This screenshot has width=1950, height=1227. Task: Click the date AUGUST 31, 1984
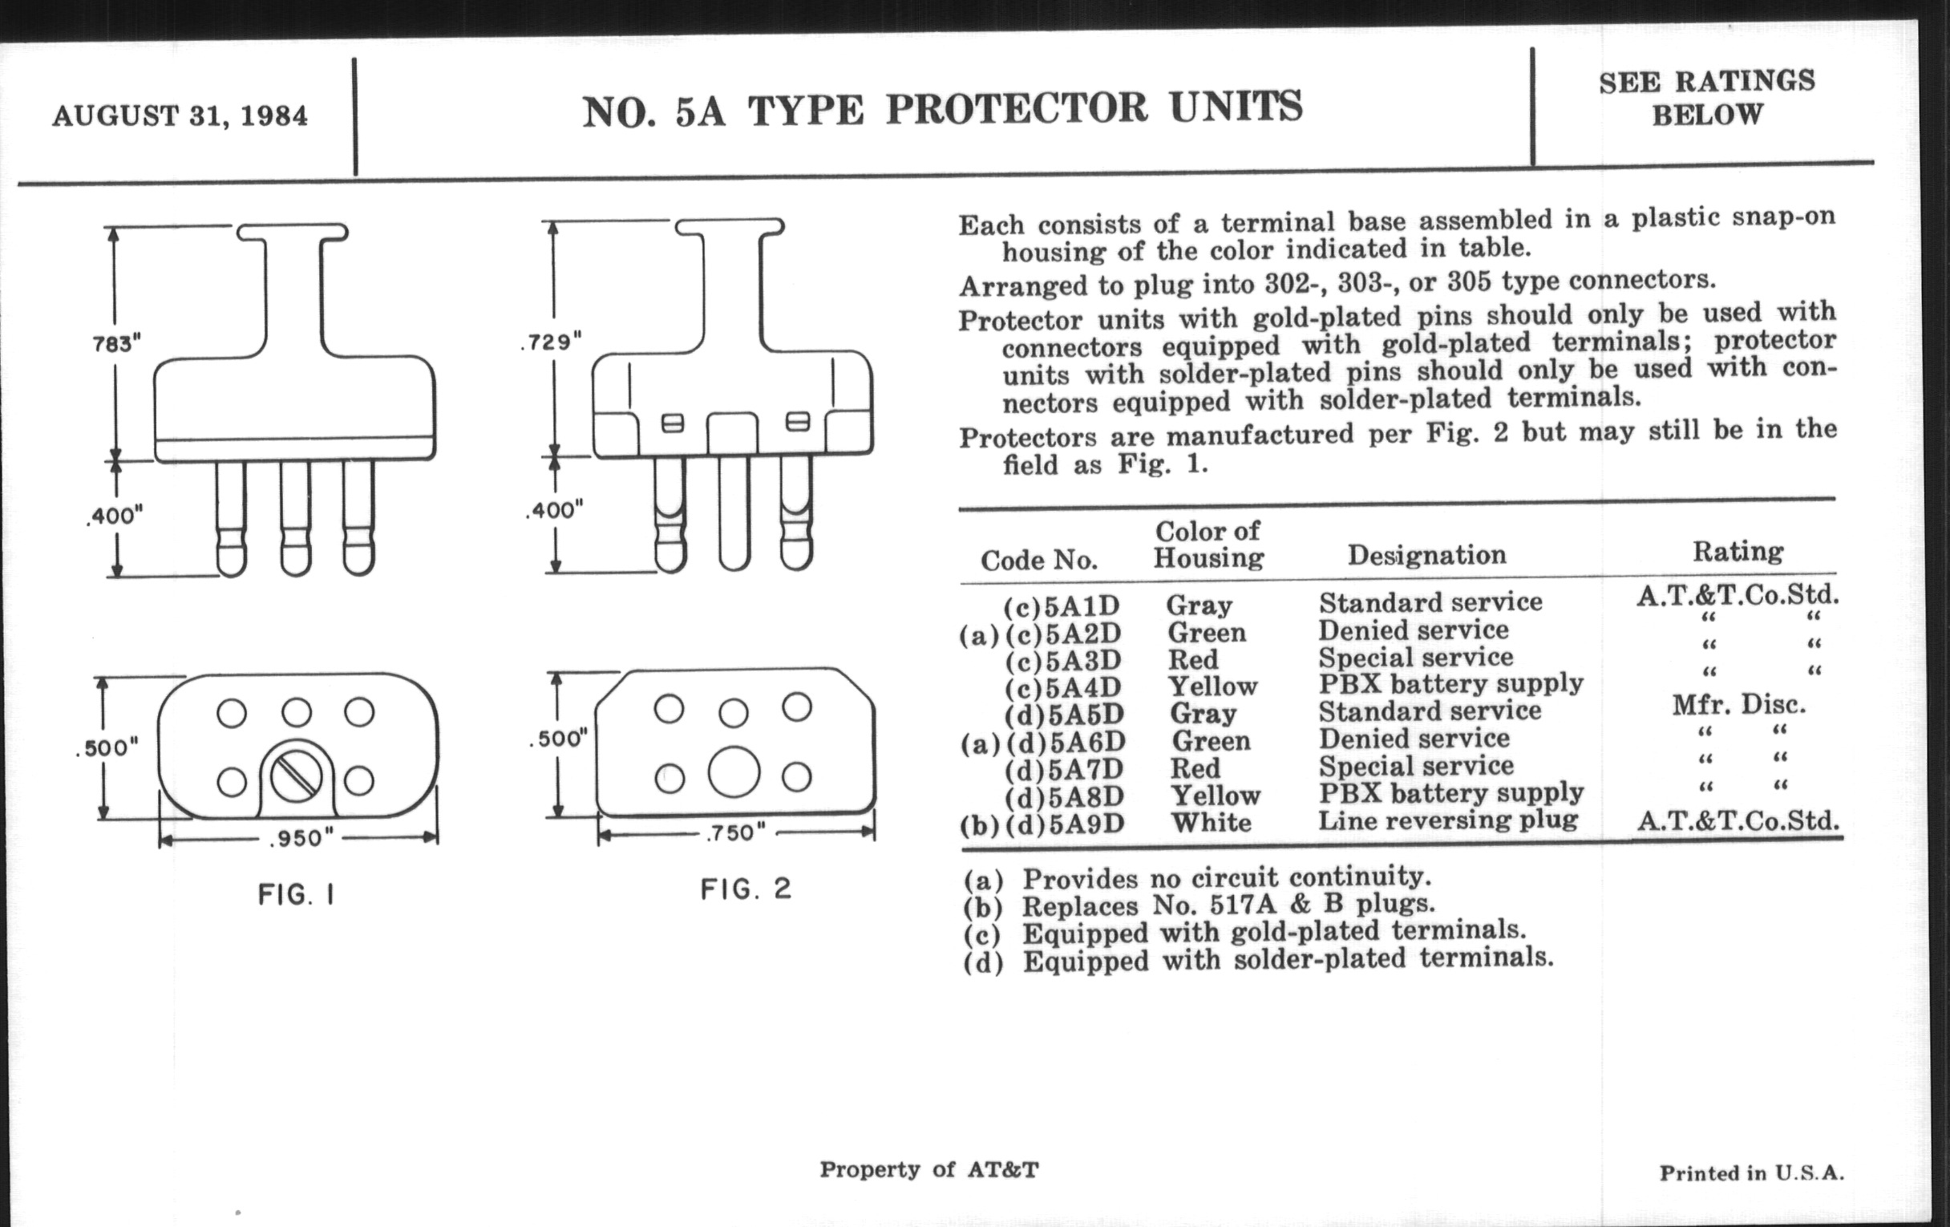180,115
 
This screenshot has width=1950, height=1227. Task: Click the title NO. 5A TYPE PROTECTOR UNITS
943,109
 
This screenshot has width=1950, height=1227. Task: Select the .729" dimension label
552,342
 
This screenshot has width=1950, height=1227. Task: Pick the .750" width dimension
735,832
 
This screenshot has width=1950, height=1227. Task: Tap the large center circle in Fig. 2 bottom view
734,771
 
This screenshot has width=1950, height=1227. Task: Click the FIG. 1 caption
297,895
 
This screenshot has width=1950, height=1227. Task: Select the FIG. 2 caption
746,889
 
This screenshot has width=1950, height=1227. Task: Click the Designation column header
1427,555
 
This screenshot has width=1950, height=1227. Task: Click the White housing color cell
1212,822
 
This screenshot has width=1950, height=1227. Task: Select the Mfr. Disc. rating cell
1739,705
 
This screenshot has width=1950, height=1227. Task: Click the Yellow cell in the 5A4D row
1212,686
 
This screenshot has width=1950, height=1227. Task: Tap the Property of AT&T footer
928,1169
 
